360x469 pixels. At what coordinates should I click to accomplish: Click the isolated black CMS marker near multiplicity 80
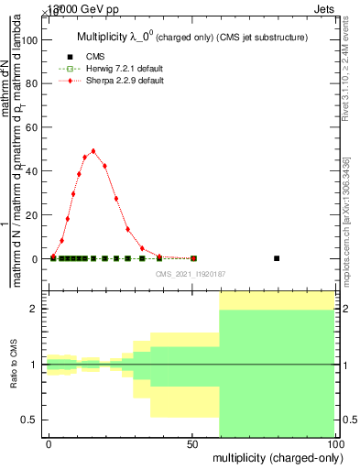(x=277, y=258)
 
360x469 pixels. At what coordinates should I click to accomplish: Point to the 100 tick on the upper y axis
(x=36, y=40)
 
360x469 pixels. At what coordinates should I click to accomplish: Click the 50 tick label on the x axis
(x=192, y=444)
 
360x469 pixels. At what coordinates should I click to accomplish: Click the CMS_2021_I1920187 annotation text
(x=191, y=273)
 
